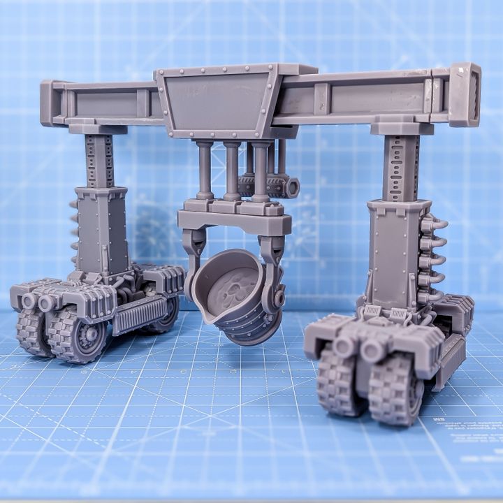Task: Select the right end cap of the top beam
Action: click(x=465, y=94)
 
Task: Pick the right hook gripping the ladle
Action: click(x=274, y=265)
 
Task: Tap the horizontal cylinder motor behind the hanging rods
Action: click(x=269, y=186)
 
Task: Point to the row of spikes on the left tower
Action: click(x=73, y=231)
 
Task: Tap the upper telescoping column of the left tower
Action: click(x=99, y=161)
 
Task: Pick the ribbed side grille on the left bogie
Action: click(x=140, y=314)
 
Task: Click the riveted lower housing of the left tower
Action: click(x=103, y=231)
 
